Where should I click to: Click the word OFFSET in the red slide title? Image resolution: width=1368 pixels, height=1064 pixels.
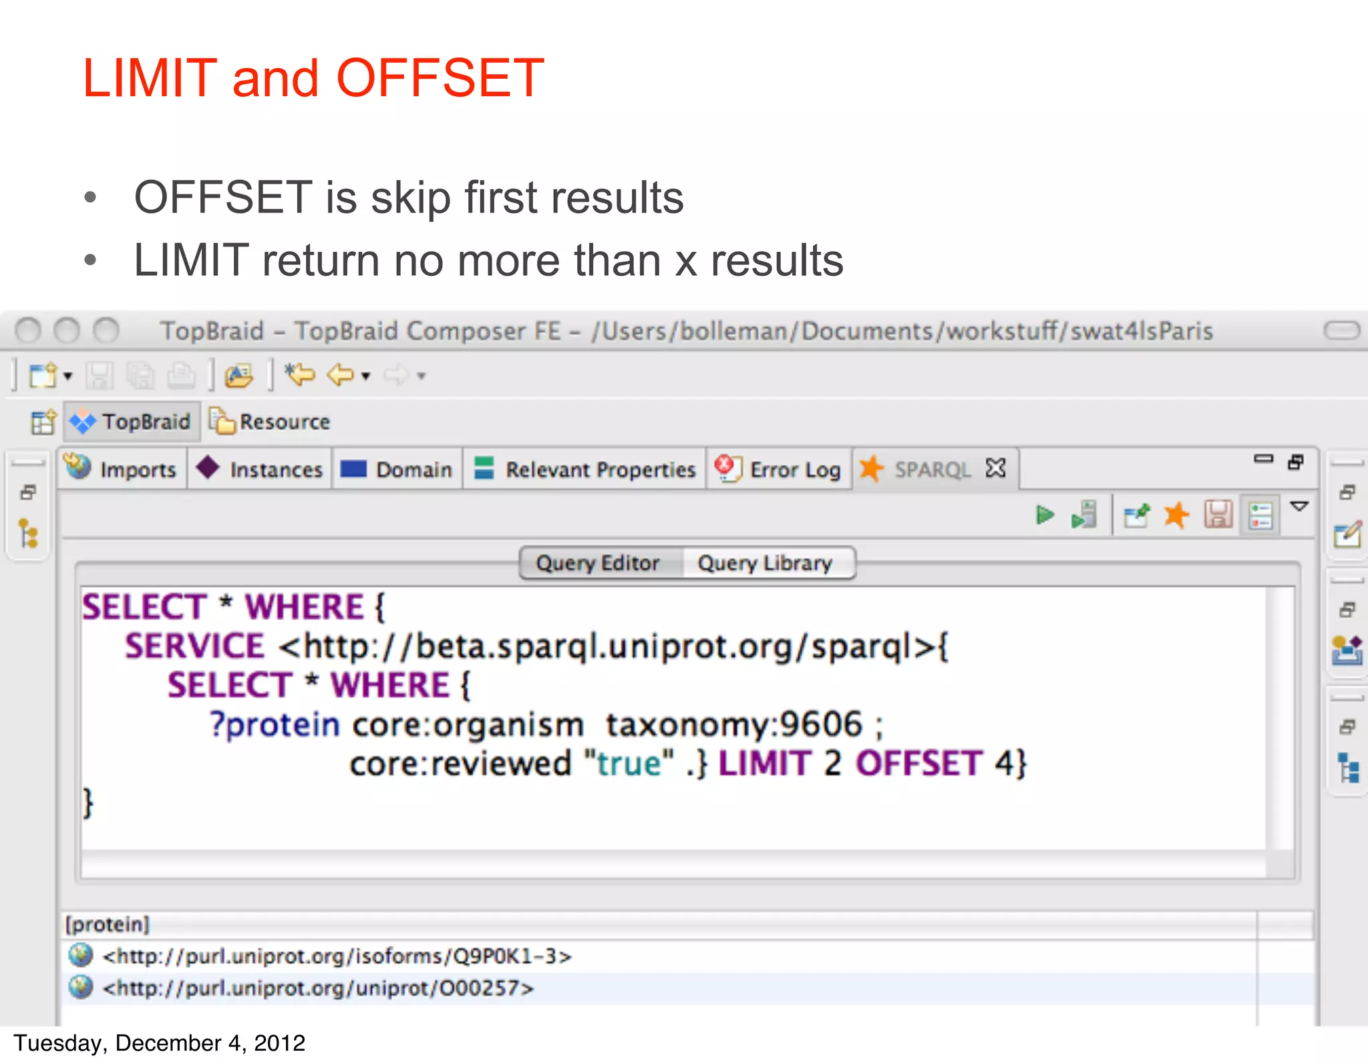point(440,79)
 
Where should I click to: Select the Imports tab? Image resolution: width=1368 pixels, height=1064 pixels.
point(124,469)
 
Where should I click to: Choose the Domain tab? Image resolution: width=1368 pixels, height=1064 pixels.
point(398,469)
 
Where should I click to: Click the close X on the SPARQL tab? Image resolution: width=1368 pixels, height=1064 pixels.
point(995,468)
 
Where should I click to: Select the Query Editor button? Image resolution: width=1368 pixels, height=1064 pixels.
point(598,563)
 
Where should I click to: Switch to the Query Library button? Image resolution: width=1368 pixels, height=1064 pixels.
point(765,563)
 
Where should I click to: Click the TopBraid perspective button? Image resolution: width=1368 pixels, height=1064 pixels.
point(132,421)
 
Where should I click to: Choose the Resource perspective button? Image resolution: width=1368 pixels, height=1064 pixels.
point(271,421)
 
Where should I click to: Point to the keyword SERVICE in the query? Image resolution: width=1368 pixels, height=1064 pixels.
point(194,646)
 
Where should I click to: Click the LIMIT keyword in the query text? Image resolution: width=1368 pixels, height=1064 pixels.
point(764,763)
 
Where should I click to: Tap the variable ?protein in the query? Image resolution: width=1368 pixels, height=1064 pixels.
point(275,725)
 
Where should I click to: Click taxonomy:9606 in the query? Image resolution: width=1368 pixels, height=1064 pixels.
point(734,724)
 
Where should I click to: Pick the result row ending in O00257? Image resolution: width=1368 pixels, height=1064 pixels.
point(318,988)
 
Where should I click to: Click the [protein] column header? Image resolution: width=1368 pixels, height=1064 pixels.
point(107,924)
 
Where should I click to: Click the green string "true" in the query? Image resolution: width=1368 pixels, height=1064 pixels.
point(629,763)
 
